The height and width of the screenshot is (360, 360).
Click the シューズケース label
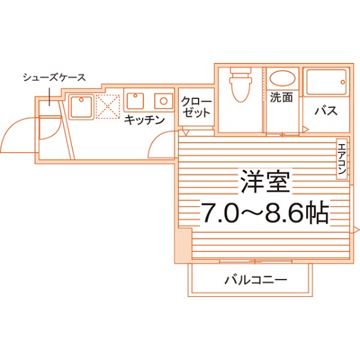(x=55, y=77)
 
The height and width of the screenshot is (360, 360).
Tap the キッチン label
(x=145, y=120)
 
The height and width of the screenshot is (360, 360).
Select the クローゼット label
(x=196, y=107)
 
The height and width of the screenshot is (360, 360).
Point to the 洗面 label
(x=282, y=97)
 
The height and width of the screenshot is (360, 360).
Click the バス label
(x=326, y=111)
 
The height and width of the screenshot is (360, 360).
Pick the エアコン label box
(x=342, y=159)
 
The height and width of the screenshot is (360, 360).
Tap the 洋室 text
(x=265, y=181)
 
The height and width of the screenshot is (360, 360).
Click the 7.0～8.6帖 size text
(x=265, y=212)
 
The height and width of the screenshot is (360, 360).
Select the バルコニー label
(x=256, y=280)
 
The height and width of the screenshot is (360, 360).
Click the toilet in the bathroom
(x=240, y=84)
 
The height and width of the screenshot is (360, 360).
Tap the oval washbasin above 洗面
(x=282, y=78)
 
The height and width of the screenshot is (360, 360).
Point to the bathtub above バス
(x=327, y=82)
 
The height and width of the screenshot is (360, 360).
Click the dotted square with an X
(x=108, y=107)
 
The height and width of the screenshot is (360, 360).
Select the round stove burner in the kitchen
(x=163, y=101)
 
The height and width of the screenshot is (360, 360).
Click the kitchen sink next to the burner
(x=136, y=100)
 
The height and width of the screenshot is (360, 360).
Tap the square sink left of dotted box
(x=81, y=107)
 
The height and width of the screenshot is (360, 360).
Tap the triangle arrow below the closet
(x=185, y=132)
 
